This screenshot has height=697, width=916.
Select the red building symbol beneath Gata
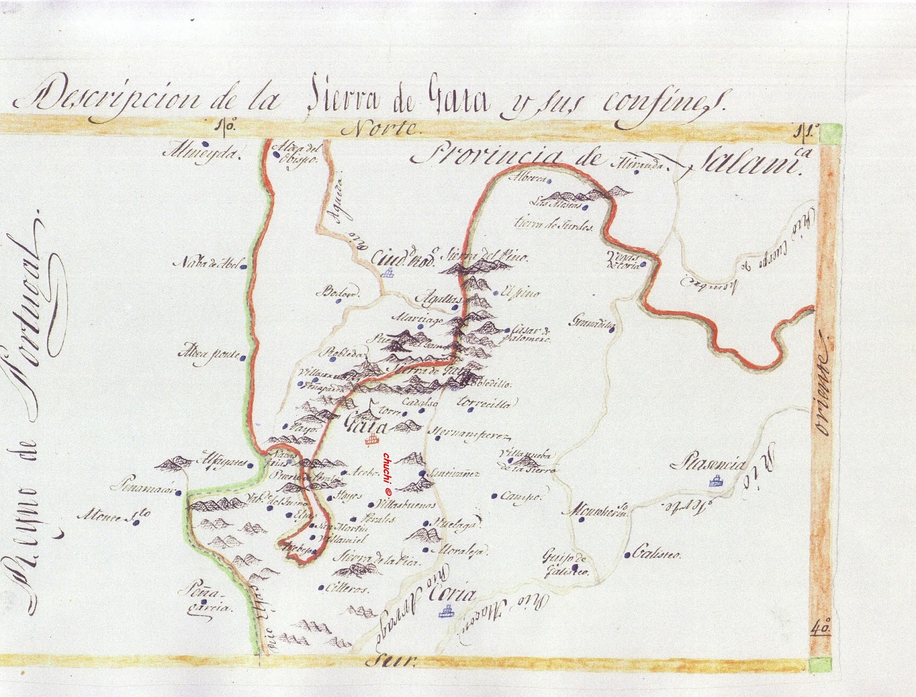[373, 440]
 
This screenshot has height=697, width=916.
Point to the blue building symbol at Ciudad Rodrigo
[389, 272]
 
